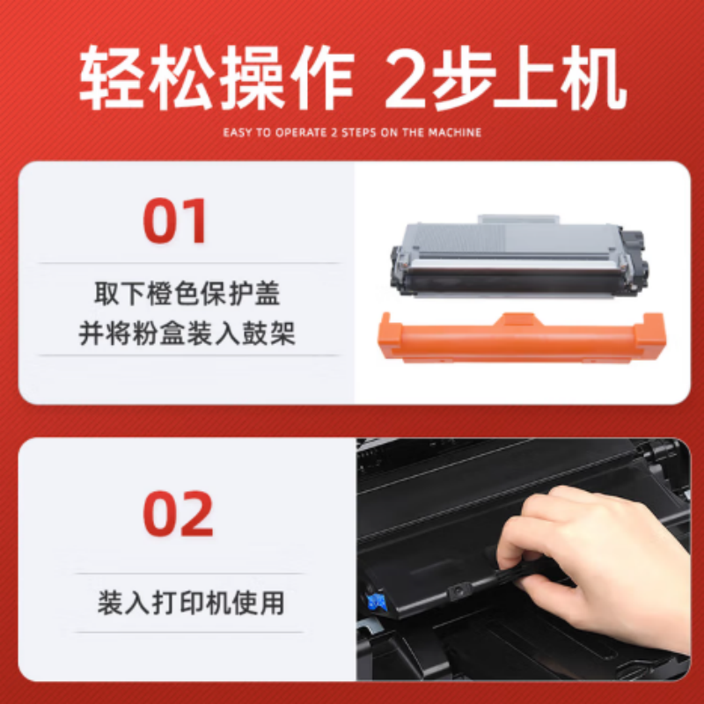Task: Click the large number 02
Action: (179, 514)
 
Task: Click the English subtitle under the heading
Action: (352, 133)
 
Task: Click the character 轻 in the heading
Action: (112, 81)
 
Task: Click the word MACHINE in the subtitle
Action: (459, 133)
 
